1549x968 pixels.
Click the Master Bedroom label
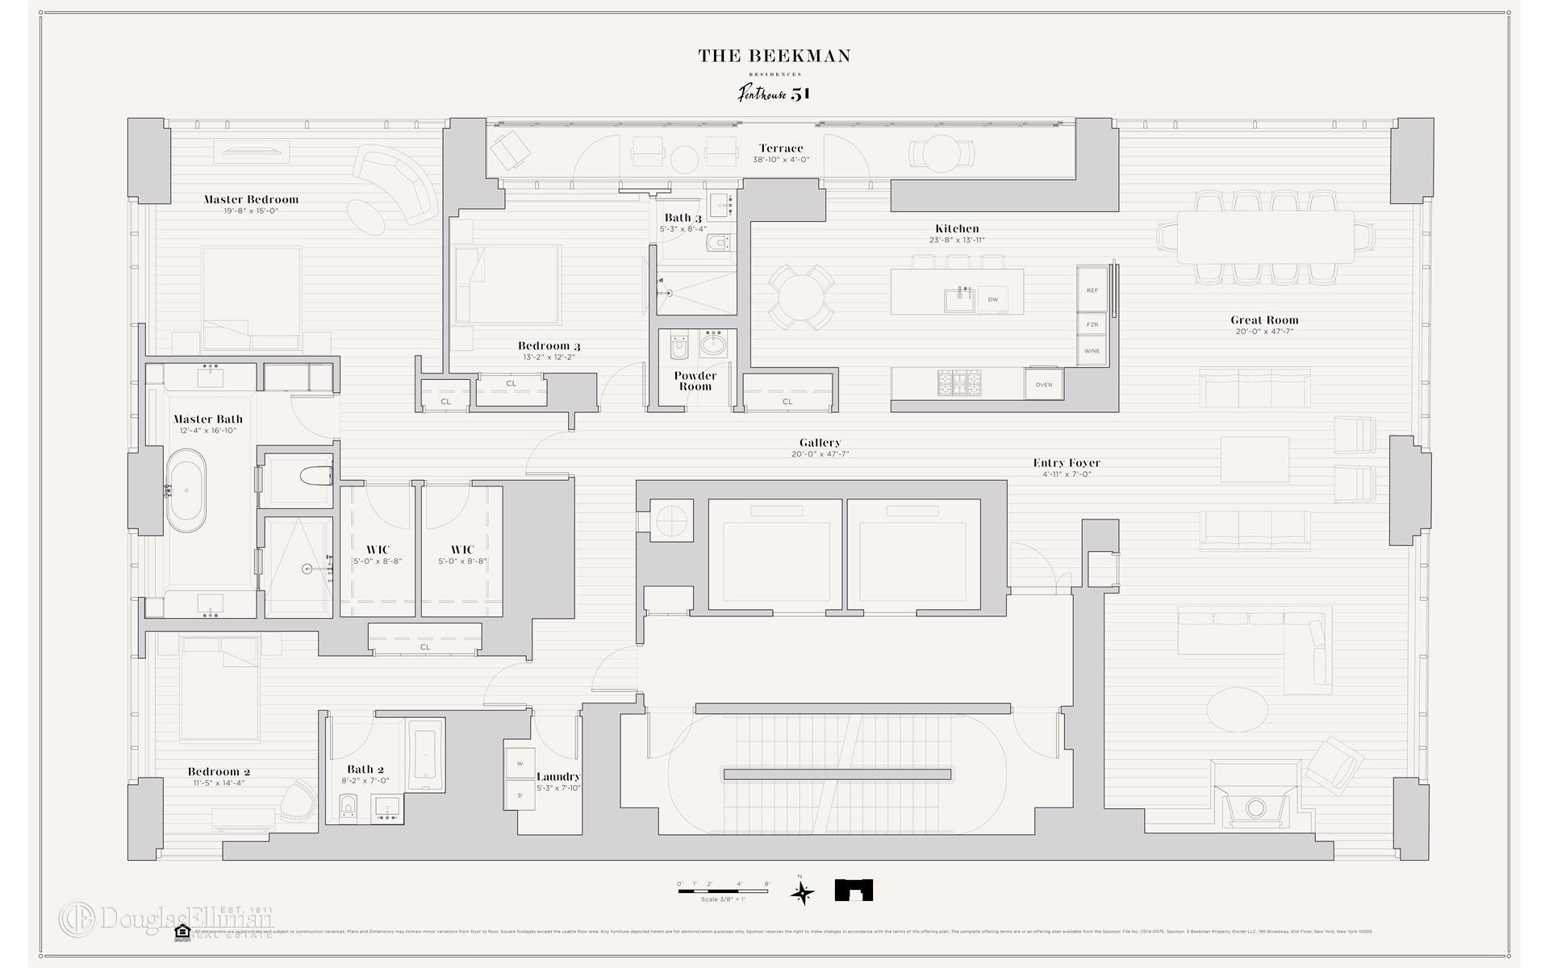(x=251, y=199)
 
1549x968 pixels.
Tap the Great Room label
(x=1264, y=320)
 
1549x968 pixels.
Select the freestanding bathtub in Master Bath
(x=186, y=491)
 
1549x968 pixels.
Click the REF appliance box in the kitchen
(x=1092, y=290)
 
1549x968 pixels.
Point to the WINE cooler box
(x=1092, y=351)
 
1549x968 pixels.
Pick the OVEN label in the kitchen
(x=1044, y=385)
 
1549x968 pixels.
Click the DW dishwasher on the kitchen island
(x=993, y=299)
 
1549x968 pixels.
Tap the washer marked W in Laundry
(x=520, y=763)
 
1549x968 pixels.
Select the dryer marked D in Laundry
(x=520, y=795)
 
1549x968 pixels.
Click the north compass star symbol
(x=802, y=892)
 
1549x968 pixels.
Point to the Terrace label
(x=780, y=148)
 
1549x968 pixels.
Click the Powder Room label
(x=695, y=381)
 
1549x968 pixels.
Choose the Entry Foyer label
(x=1067, y=463)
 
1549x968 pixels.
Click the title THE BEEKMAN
(x=774, y=56)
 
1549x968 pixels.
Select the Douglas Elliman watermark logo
(x=165, y=919)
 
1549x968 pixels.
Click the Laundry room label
(x=558, y=777)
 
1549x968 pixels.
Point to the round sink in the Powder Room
(x=713, y=346)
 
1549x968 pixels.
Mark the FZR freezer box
(x=1092, y=324)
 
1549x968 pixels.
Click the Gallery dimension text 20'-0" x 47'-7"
(x=820, y=454)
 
